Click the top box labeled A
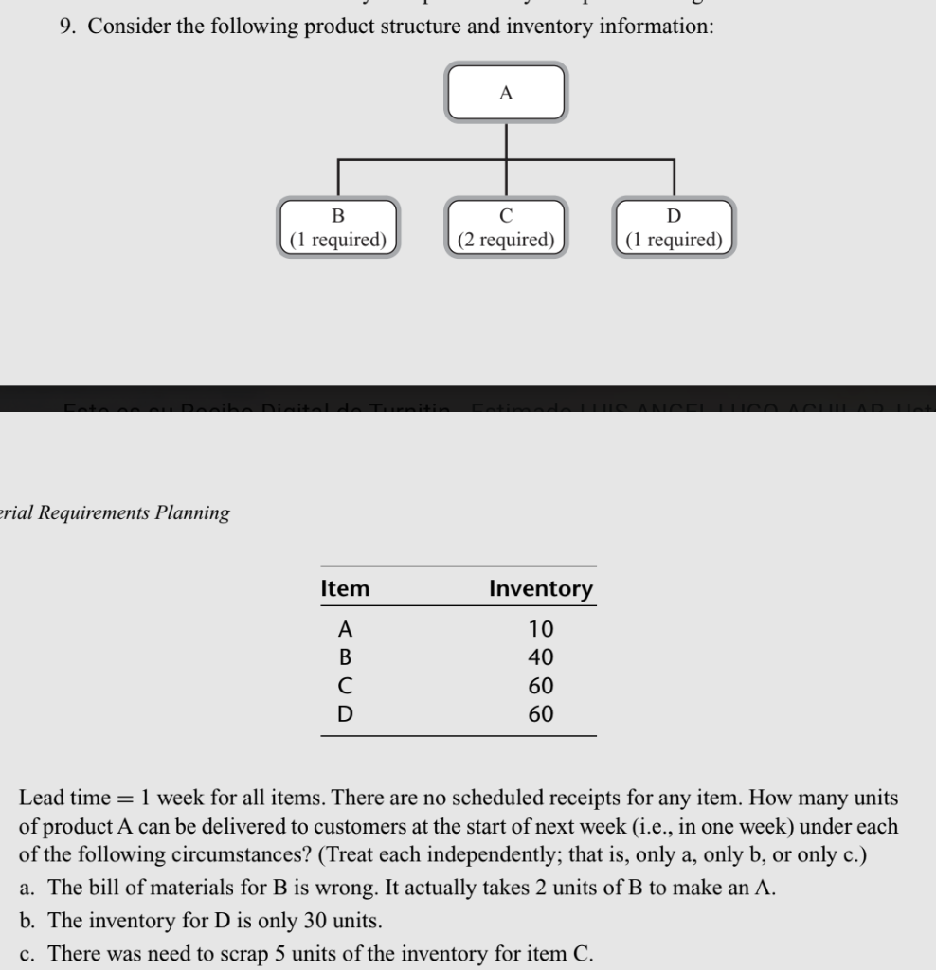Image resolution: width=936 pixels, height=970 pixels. (x=506, y=92)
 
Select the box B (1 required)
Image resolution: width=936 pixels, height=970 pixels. (x=338, y=227)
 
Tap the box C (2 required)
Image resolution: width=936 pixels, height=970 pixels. (x=506, y=227)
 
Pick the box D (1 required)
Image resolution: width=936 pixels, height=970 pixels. (x=674, y=227)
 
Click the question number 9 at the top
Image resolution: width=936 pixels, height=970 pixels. (x=66, y=27)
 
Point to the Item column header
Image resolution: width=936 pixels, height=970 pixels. (x=346, y=588)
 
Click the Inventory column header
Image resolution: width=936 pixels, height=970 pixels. (x=540, y=588)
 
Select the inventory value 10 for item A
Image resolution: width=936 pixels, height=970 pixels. (x=541, y=628)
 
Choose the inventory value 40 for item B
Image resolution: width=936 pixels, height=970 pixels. (x=541, y=656)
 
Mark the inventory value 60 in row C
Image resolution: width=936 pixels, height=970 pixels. (x=541, y=685)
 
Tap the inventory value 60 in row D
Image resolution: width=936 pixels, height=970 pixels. (x=541, y=713)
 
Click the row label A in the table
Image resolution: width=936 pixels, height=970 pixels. (x=346, y=628)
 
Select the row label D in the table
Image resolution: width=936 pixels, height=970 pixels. (x=346, y=713)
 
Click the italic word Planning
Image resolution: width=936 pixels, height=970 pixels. (x=192, y=512)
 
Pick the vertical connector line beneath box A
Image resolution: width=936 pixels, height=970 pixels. (x=506, y=141)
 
